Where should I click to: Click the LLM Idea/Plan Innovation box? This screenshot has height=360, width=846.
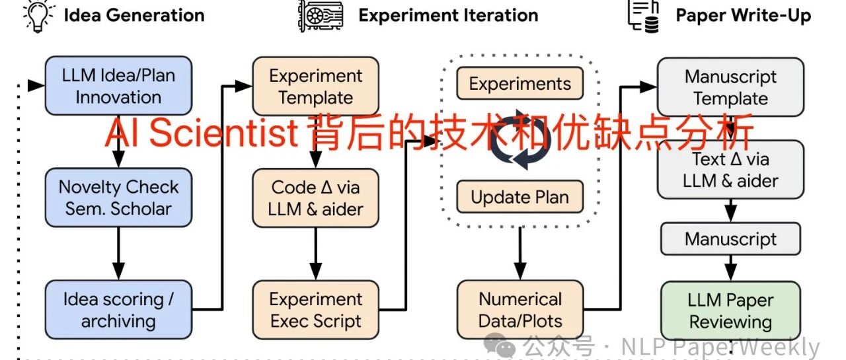point(118,86)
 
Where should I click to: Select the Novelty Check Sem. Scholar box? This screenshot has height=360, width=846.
point(118,198)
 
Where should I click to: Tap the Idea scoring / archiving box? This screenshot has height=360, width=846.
point(118,309)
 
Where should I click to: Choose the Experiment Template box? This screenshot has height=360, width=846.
point(316,86)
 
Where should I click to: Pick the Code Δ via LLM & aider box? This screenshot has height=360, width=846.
point(316,198)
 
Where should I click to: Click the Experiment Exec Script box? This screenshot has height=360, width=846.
point(316,310)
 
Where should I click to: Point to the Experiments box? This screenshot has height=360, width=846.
point(520,83)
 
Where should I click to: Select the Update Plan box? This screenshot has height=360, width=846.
point(520,197)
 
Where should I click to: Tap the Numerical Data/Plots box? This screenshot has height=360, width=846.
point(520,310)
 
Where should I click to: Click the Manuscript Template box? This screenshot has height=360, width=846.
point(730,87)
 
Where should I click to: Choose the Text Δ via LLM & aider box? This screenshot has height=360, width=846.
point(730,170)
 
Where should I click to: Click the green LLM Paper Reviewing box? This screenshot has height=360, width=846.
point(730,310)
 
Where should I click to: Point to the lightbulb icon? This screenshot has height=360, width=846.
point(38,16)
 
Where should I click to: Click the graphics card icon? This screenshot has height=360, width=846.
point(321,16)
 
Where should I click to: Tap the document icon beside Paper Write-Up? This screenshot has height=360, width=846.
point(644,17)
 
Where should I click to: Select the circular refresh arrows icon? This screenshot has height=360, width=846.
point(520,139)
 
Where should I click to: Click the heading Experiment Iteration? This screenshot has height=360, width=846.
point(448,15)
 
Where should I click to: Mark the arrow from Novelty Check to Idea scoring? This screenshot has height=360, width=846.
point(118,254)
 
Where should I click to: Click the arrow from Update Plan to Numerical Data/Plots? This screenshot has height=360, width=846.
point(520,254)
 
